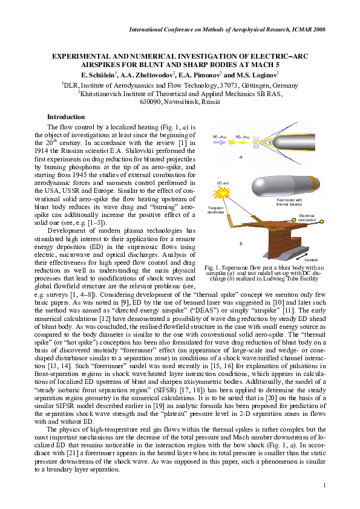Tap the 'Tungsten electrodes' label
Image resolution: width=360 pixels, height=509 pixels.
tap(215, 211)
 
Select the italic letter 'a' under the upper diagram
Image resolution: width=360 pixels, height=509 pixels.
tap(240, 157)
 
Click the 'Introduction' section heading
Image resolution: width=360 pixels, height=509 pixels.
tap(66, 117)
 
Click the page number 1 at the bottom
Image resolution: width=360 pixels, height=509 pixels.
tap(324, 485)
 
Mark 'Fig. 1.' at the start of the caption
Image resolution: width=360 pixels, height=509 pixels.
tap(213, 267)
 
